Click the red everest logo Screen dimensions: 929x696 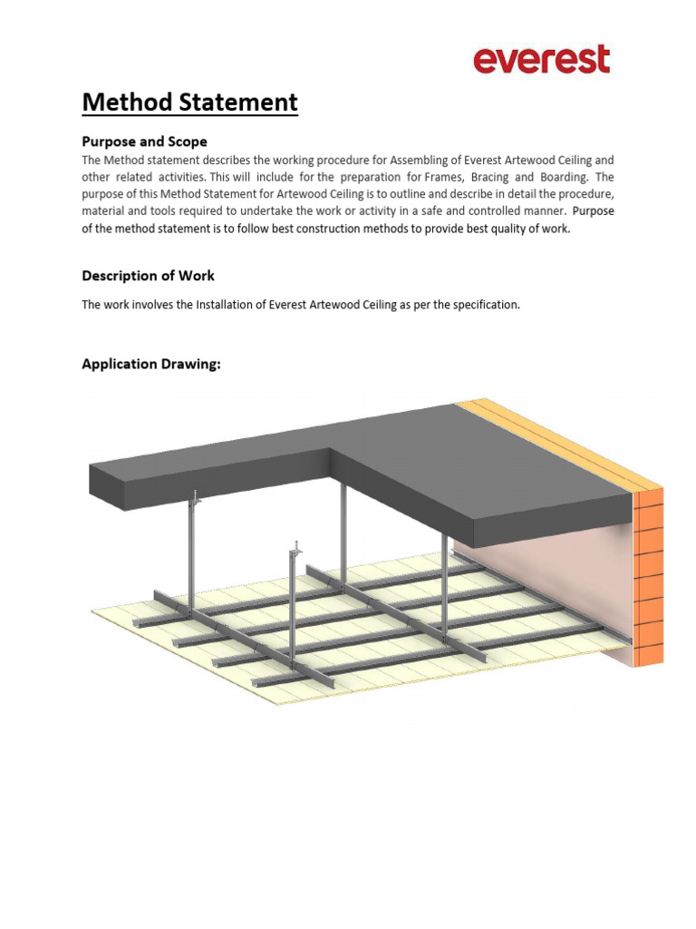point(541,60)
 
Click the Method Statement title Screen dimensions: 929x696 point(189,103)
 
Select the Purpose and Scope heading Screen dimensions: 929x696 point(144,142)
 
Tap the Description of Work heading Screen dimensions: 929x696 point(148,275)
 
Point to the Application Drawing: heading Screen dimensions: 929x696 point(151,364)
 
